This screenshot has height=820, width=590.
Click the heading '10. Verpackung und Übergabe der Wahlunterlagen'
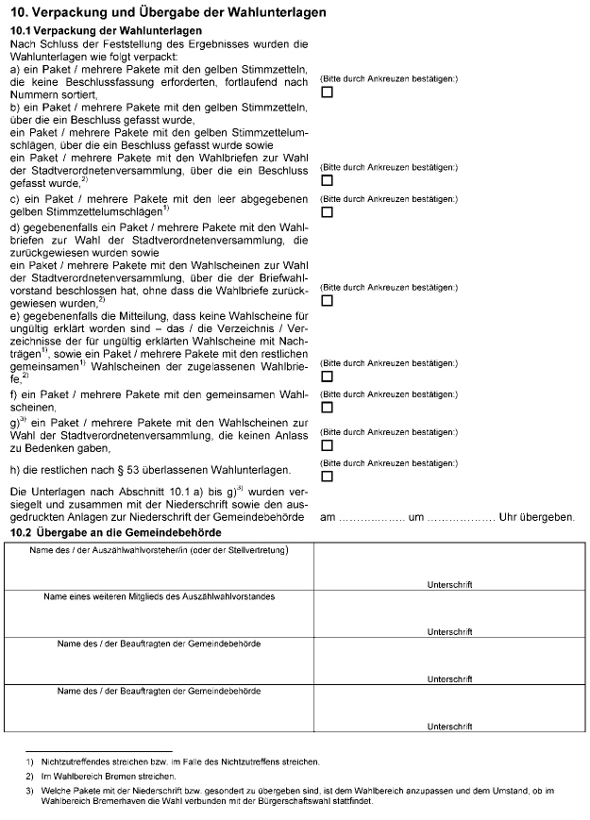(167, 12)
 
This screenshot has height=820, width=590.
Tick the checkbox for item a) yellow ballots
(327, 92)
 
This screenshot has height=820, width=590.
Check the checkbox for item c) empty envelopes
(327, 212)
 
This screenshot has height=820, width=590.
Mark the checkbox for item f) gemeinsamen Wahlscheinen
(327, 407)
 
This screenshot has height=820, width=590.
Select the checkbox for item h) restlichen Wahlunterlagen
(327, 476)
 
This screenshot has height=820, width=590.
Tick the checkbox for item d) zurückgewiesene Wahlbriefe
(327, 300)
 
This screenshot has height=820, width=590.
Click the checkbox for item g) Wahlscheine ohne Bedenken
(327, 444)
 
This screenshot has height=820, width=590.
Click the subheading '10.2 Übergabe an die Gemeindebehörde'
(115, 533)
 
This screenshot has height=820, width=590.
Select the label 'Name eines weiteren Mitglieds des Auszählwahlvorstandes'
(159, 596)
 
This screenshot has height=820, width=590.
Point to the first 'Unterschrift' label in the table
(449, 585)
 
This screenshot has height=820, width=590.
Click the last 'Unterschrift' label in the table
(449, 726)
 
